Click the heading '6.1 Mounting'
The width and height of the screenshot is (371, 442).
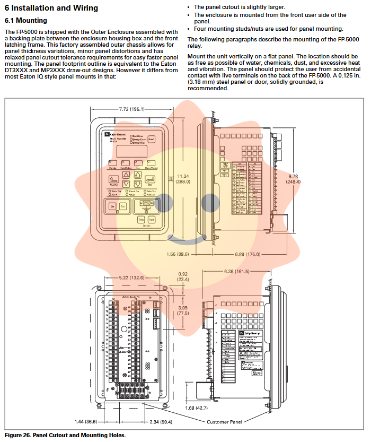pos(26,21)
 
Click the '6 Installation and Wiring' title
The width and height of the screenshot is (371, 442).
pos(51,8)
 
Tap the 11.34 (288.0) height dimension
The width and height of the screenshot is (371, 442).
pos(183,179)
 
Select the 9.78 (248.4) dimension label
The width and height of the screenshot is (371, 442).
pos(294,178)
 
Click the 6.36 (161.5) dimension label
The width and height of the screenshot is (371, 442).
pos(236,272)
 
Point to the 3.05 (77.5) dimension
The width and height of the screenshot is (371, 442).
pos(183,310)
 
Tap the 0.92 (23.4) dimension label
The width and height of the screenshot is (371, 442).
pos(183,276)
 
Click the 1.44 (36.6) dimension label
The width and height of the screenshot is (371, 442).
pos(86,422)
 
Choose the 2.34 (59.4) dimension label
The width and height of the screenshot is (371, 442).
pos(160,422)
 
